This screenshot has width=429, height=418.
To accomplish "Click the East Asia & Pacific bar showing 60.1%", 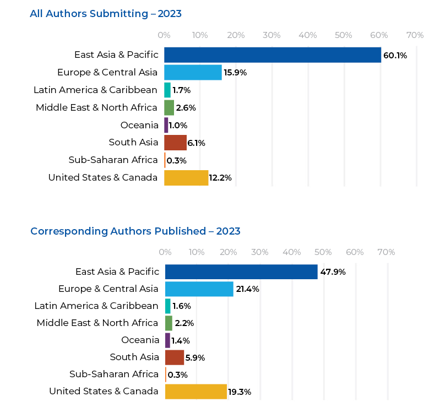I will pos(273,55).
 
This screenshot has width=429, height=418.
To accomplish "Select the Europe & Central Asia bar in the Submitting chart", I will pos(193,73).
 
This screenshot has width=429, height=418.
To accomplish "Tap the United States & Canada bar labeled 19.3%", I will pos(196,392).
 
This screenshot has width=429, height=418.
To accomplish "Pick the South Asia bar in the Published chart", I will pos(175,357).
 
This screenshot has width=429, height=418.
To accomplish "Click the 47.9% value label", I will pos(333,272).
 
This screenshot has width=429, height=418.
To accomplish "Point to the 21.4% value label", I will pos(247,289).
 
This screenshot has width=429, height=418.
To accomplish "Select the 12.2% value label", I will pos(220,178).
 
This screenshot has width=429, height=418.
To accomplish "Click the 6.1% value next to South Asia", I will pos(196,143).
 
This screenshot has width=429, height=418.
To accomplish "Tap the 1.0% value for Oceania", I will pos(178,126).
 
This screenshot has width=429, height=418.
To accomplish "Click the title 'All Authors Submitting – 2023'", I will pos(106,14).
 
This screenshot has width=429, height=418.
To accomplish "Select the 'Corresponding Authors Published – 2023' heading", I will pos(135,231).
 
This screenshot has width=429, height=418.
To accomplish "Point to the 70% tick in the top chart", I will pos(415,35).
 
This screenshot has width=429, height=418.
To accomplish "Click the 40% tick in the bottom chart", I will pos(291,252).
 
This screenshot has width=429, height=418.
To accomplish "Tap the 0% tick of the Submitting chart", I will pos(164,35).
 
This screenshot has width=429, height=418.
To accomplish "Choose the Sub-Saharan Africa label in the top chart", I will pos(113,160).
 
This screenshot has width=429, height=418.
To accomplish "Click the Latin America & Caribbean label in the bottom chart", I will pos(96,306).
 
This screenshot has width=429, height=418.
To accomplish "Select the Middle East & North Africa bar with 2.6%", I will pos(169,107).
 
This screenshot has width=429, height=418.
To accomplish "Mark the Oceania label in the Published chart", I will pos(140,340).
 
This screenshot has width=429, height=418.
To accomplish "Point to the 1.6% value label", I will pos(182,306).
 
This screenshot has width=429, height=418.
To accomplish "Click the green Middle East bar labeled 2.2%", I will pos(169,323).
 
